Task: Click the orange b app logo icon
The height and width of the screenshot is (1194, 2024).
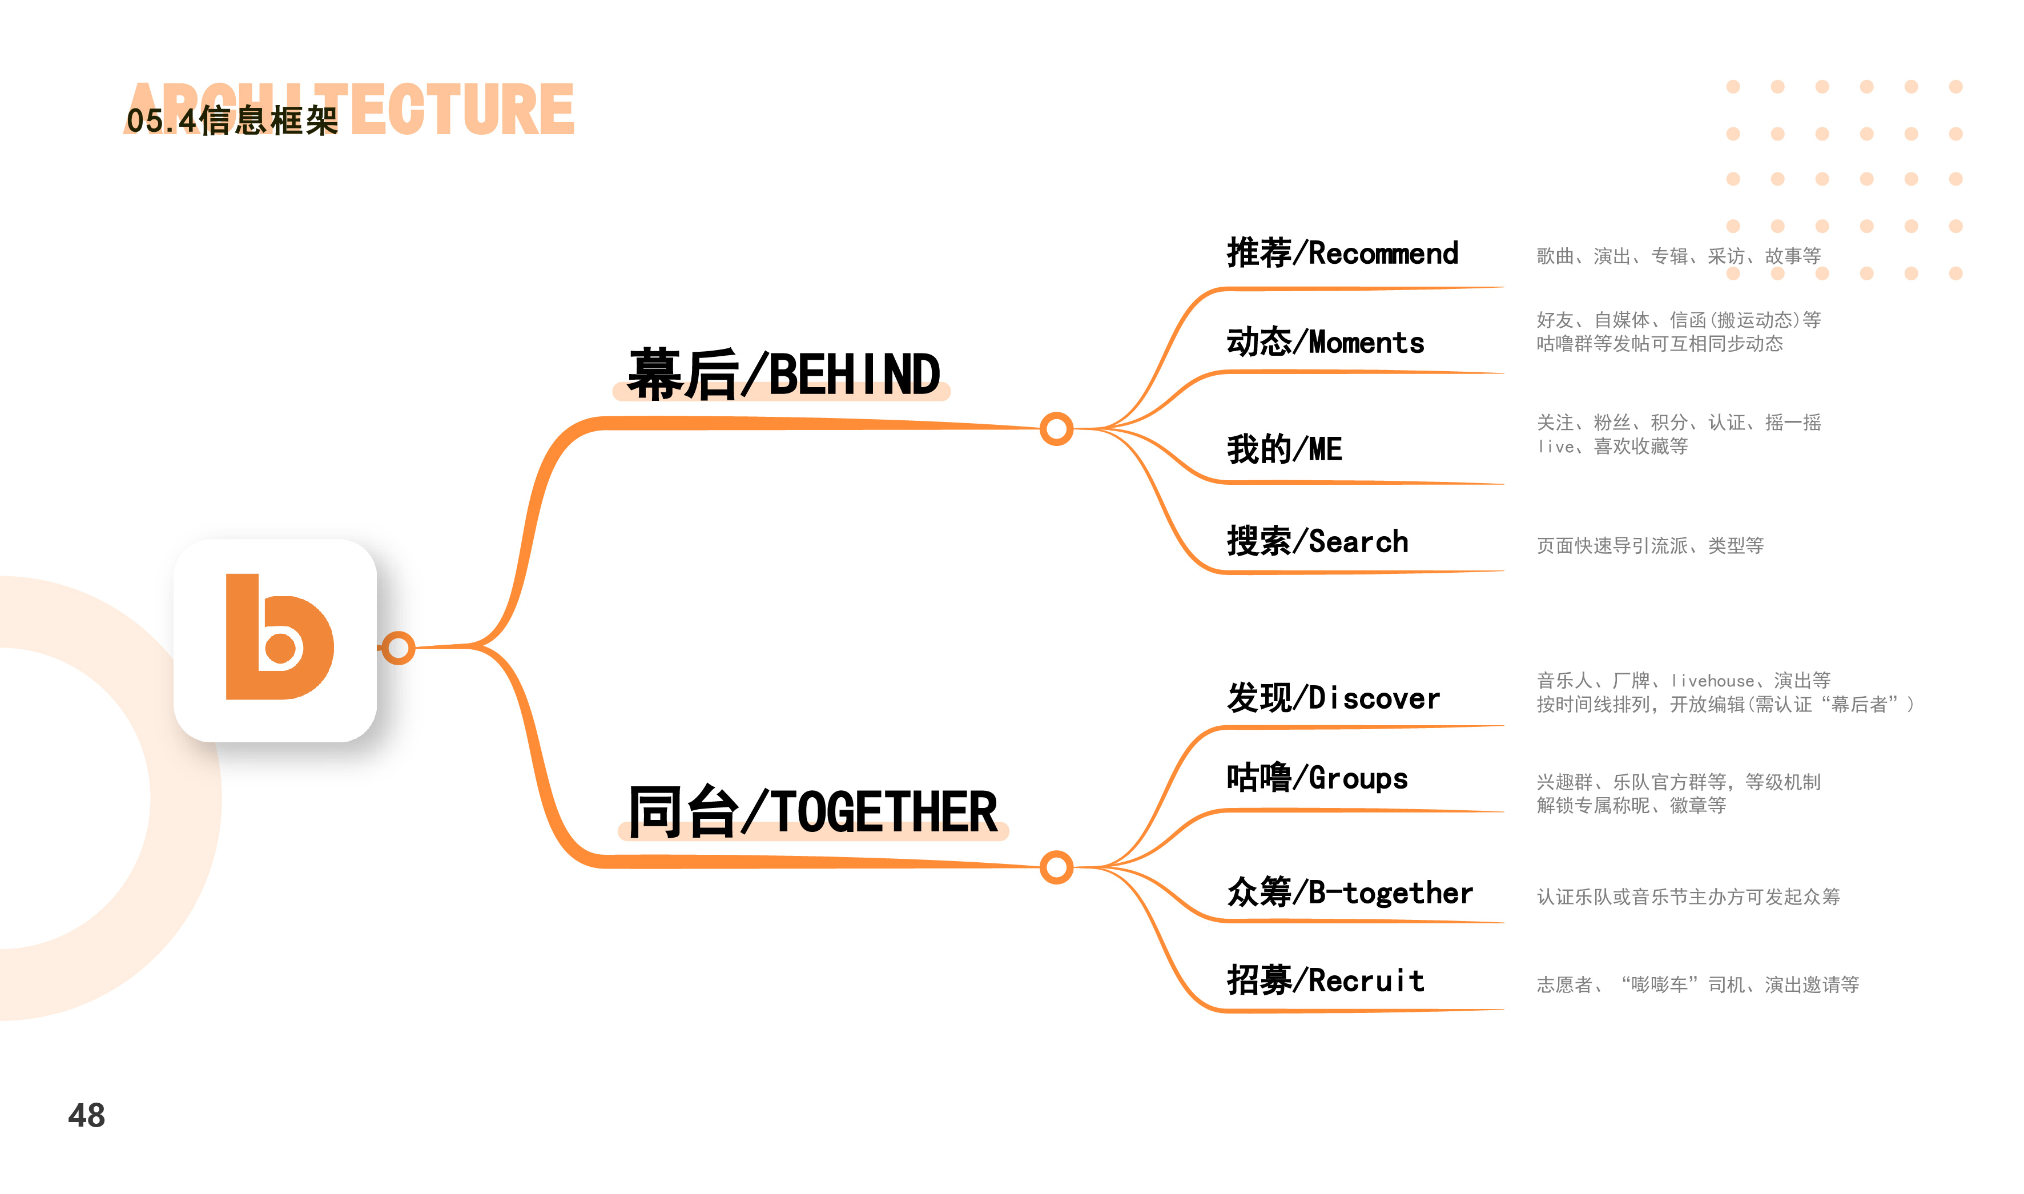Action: [x=276, y=641]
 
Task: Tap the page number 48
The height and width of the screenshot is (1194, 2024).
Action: [x=86, y=1115]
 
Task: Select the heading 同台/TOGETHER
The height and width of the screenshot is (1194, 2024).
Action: [x=812, y=812]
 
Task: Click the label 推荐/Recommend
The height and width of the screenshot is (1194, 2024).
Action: [x=1342, y=254]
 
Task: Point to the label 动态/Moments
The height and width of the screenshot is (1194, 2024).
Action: [x=1325, y=343]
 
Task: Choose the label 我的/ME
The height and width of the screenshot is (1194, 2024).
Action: [x=1284, y=449]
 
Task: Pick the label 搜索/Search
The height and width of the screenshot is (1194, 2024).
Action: [x=1317, y=541]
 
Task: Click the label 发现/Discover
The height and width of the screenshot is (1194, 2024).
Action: [x=1333, y=698]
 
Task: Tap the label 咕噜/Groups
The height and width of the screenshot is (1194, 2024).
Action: [x=1317, y=778]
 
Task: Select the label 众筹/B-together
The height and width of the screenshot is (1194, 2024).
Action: [x=1349, y=893]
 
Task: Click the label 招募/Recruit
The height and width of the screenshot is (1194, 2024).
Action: [x=1325, y=981]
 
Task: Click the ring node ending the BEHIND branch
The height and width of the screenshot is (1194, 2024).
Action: [x=1056, y=429]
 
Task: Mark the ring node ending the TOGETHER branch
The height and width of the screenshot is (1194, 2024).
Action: [x=1056, y=867]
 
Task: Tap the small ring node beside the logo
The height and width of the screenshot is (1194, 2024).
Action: [x=398, y=648]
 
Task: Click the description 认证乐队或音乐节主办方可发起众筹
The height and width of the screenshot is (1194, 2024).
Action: [x=1688, y=897]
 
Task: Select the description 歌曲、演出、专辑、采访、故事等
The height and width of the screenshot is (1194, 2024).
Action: [x=1678, y=256]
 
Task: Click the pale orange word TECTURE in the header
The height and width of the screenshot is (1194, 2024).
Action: [x=462, y=110]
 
